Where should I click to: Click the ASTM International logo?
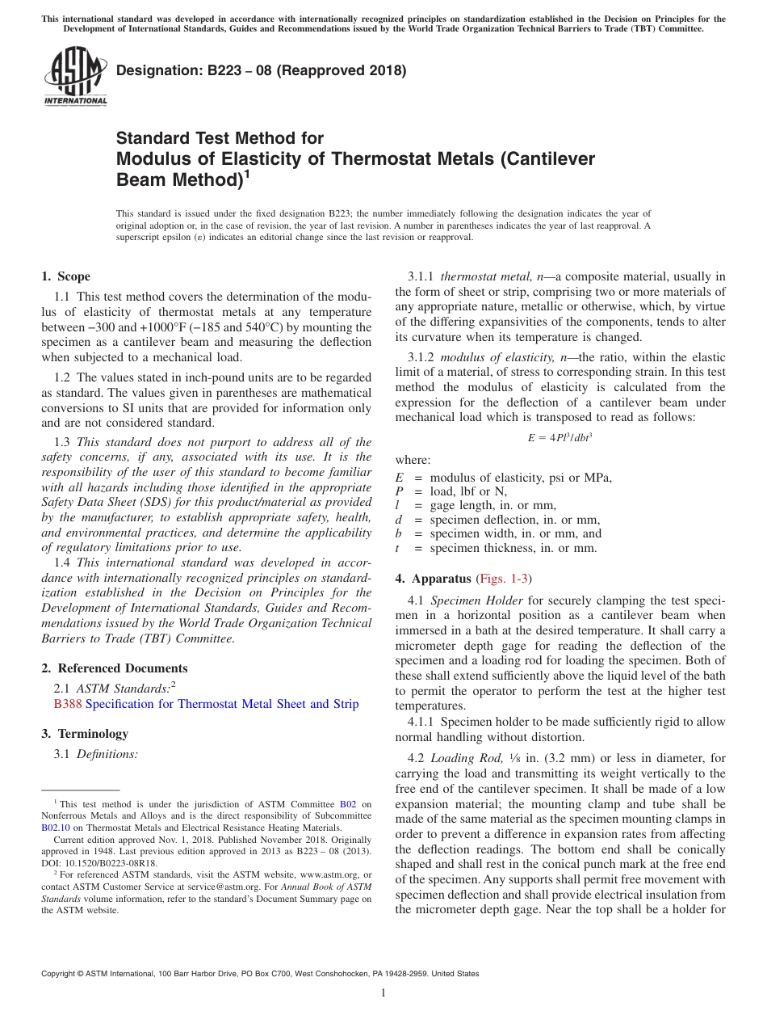click(x=74, y=77)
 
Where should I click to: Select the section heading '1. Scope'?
click(x=65, y=276)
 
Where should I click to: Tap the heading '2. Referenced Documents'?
click(x=114, y=668)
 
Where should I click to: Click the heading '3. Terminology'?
click(x=85, y=734)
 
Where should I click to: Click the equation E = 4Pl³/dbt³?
click(x=560, y=437)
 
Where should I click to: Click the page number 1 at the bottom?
click(x=383, y=993)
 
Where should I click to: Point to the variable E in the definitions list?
click(x=399, y=477)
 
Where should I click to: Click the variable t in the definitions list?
click(x=398, y=548)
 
